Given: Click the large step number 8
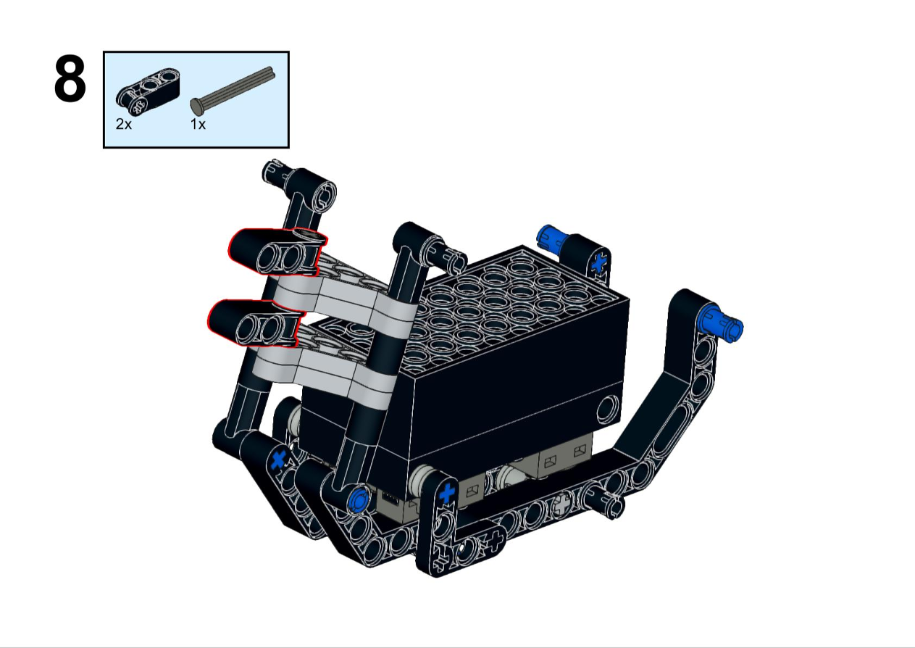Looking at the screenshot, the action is pos(70,79).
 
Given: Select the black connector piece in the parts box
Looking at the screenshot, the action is pos(148,91).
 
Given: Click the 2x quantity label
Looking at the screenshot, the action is pos(124,124).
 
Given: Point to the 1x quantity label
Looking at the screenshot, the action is pos(198,124).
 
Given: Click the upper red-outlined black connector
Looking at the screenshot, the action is pos(277,252).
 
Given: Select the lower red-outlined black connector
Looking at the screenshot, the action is pos(256,323).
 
